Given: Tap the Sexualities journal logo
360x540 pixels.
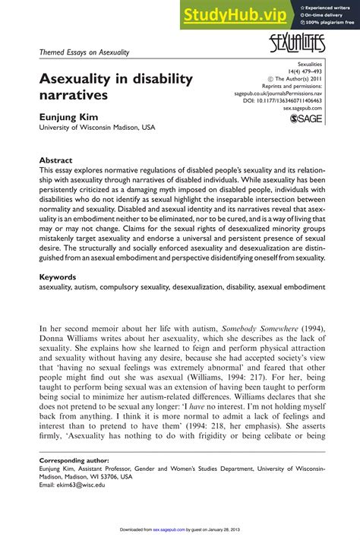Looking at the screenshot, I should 296,44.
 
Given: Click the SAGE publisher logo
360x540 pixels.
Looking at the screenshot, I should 306,119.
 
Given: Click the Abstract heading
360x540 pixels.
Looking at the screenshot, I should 55,161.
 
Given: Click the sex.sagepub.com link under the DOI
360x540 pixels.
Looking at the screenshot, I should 302,108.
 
